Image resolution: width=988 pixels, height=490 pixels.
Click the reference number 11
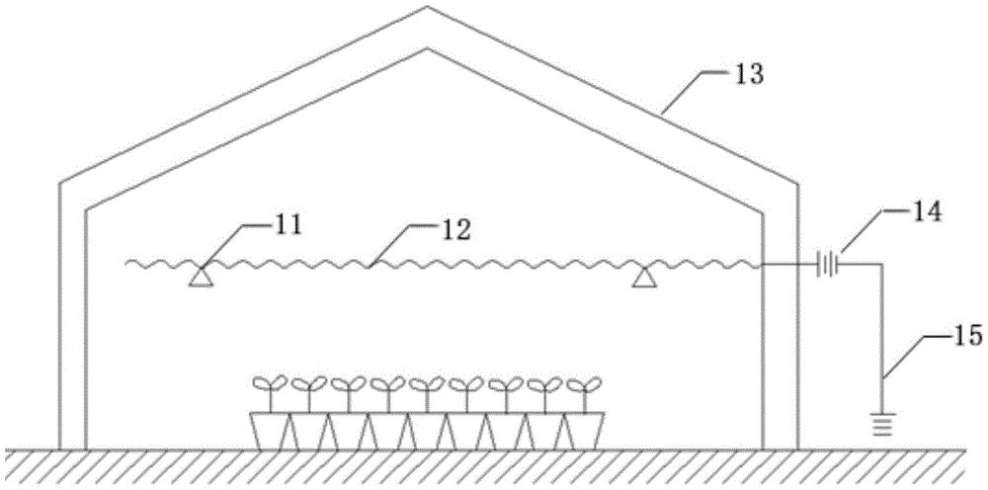(x=288, y=226)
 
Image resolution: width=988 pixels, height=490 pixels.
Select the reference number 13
(x=748, y=75)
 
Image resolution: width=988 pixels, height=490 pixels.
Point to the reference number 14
(x=927, y=212)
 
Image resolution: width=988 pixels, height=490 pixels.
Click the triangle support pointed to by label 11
(x=201, y=277)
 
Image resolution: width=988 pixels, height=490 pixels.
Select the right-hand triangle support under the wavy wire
(x=643, y=277)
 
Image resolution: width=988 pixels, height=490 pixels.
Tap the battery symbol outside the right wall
(x=826, y=265)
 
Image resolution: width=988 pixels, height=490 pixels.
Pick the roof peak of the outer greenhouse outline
(x=427, y=7)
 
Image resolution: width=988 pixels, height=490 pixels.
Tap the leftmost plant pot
(x=271, y=431)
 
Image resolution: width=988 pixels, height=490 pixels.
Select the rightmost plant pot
(x=584, y=431)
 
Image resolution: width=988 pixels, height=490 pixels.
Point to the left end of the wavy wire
(x=126, y=263)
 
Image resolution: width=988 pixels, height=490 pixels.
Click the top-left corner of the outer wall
(x=60, y=184)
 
